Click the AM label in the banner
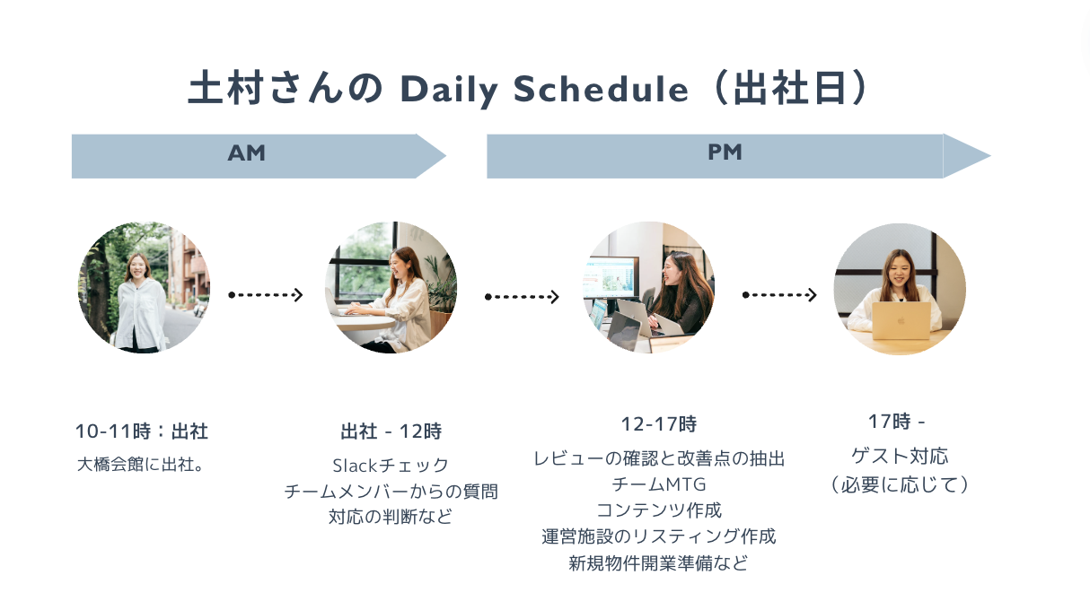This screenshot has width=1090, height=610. [x=247, y=153]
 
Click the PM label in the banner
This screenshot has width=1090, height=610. [x=725, y=152]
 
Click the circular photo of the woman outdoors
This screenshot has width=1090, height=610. [x=144, y=287]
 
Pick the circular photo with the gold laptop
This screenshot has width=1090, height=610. [x=900, y=289]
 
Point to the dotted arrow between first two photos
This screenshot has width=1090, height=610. [x=266, y=294]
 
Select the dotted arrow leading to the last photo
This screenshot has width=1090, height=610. [x=779, y=294]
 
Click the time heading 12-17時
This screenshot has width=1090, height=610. [x=658, y=423]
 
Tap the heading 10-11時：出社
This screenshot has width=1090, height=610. [x=142, y=431]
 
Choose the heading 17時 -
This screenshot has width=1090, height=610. [x=896, y=421]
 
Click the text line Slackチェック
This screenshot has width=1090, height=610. [x=391, y=466]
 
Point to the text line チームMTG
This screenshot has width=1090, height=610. [x=658, y=484]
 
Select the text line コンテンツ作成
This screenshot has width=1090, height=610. [x=658, y=510]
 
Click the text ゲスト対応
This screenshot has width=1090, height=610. [x=899, y=456]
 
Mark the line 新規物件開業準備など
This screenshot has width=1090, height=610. [x=658, y=563]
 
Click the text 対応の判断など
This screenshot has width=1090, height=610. [x=391, y=518]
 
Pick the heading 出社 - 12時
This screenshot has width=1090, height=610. [x=391, y=431]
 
